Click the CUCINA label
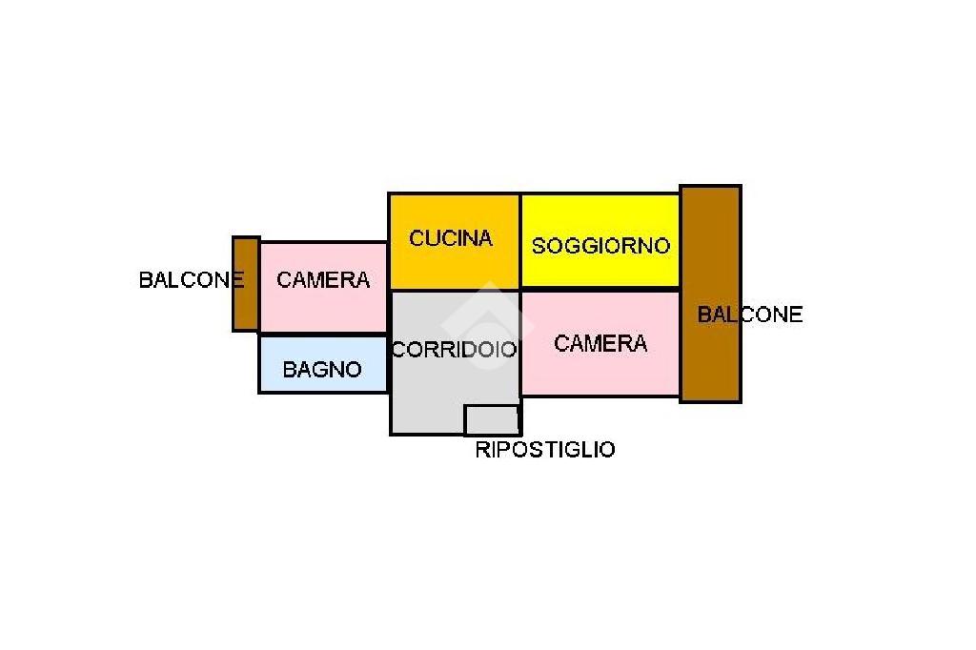click(451, 238)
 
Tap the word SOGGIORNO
click(600, 246)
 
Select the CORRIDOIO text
click(454, 350)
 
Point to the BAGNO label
click(322, 369)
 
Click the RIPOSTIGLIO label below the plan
click(544, 450)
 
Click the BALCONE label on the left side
click(192, 280)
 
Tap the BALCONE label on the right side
click(750, 314)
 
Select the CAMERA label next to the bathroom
click(322, 280)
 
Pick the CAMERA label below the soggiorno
click(600, 343)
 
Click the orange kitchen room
click(454, 267)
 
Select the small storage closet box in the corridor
click(492, 419)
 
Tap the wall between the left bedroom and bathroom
click(322, 335)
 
